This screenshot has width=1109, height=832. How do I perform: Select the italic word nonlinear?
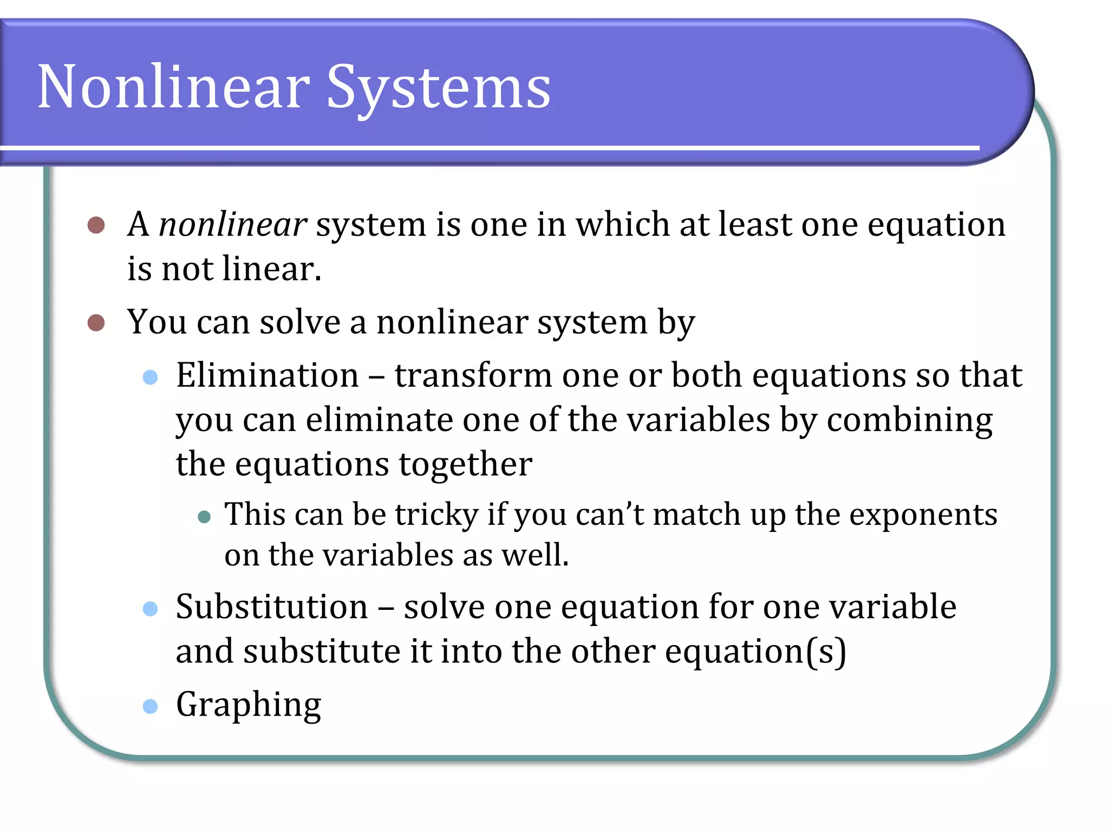[233, 224]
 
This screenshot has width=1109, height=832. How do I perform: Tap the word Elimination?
[268, 375]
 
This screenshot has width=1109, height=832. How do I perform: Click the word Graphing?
[249, 705]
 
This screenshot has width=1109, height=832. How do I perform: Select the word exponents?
[923, 515]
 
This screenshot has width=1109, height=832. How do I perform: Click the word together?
[465, 465]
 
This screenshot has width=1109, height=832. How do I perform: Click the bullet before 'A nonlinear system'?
[96, 225]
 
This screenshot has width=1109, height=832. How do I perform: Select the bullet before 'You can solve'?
[96, 323]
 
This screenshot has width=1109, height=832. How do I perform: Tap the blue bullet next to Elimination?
[150, 377]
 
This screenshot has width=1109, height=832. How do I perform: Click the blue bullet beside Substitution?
[150, 608]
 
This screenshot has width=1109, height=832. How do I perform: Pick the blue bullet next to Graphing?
[150, 706]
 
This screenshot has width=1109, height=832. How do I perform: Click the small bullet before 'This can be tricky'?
[204, 516]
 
